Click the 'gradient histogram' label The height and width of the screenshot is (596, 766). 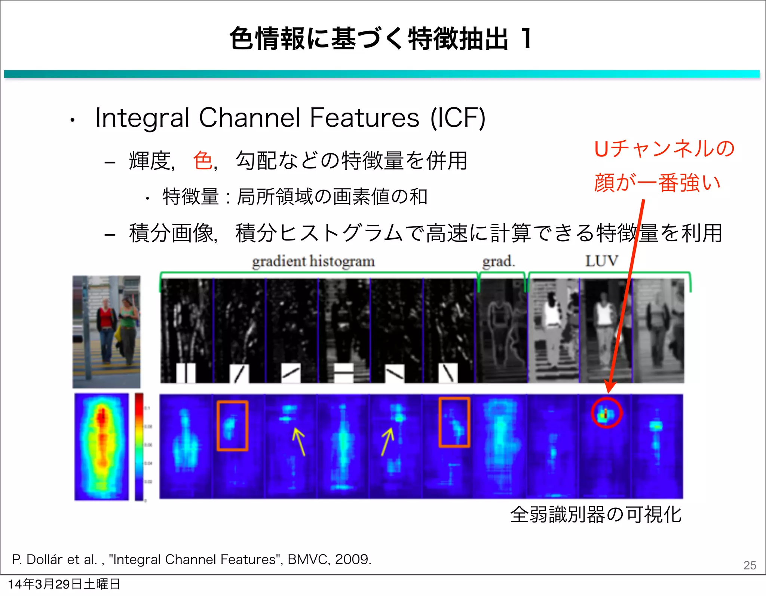313,261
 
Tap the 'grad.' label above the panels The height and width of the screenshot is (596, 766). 499,261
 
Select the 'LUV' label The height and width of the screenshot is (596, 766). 601,261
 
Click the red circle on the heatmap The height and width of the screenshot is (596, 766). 606,413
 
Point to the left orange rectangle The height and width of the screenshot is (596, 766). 232,425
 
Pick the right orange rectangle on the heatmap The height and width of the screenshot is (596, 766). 454,422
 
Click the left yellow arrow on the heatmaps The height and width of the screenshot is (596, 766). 299,442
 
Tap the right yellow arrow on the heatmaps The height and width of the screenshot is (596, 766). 387,442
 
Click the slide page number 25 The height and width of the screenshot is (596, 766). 750,565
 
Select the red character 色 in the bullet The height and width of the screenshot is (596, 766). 203,161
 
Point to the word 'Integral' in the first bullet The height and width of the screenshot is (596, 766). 142,118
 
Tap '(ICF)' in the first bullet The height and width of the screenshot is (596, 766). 458,118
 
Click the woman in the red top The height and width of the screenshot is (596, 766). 106,329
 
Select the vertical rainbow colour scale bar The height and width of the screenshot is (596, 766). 139,447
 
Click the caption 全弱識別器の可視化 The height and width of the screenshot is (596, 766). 595,514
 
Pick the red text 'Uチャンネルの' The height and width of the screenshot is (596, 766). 664,149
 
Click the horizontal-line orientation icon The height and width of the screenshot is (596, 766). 343,372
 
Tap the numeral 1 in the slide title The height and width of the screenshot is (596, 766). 527,38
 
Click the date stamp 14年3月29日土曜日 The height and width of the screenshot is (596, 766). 64,584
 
